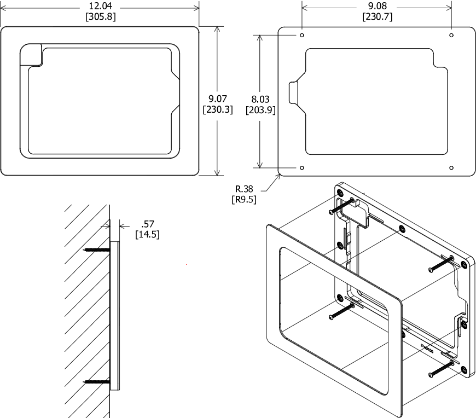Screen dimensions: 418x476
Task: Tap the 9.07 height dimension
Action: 218,98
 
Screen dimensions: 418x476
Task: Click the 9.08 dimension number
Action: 378,6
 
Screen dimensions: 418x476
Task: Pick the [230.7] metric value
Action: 378,16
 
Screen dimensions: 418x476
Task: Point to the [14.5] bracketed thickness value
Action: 148,234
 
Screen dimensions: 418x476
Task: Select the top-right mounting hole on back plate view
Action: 451,35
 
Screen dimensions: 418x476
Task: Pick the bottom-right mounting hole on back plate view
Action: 451,167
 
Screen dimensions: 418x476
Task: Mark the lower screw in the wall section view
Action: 97,381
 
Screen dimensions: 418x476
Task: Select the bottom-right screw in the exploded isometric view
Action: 440,370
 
